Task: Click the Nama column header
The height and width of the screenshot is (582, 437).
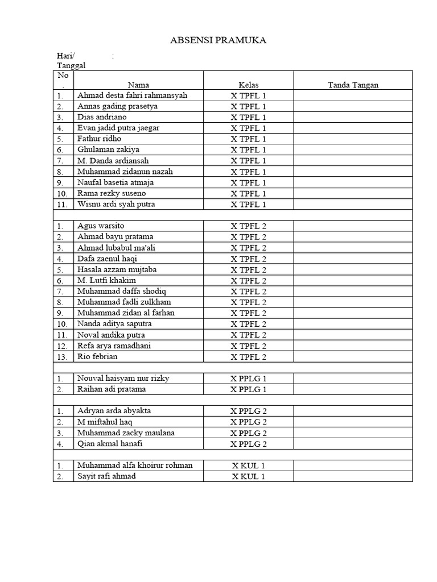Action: pos(138,85)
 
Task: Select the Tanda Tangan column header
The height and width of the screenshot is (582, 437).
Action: pos(353,85)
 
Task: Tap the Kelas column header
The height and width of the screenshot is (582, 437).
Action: pos(248,85)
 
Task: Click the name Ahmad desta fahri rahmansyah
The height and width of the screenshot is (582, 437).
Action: pos(132,95)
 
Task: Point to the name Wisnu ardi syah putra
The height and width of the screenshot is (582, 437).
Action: pos(116,204)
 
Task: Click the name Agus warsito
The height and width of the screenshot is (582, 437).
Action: pos(101,226)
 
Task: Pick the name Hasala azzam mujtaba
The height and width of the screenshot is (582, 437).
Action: pos(117,269)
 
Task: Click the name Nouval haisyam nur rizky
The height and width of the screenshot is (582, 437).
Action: pos(123,378)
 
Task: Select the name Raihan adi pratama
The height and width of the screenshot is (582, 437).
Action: pos(112,389)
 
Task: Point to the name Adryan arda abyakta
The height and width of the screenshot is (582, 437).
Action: pos(114,410)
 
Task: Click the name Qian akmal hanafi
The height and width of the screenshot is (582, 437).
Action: pos(110,443)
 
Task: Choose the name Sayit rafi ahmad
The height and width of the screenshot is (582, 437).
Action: pos(106,476)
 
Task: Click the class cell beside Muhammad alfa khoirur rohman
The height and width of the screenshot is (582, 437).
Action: pos(248,465)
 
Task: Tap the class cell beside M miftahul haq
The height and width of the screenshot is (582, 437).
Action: pos(248,422)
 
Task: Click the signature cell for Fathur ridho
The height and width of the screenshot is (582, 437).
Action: pos(353,139)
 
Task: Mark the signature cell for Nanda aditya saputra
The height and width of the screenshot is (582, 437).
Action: pos(353,324)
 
